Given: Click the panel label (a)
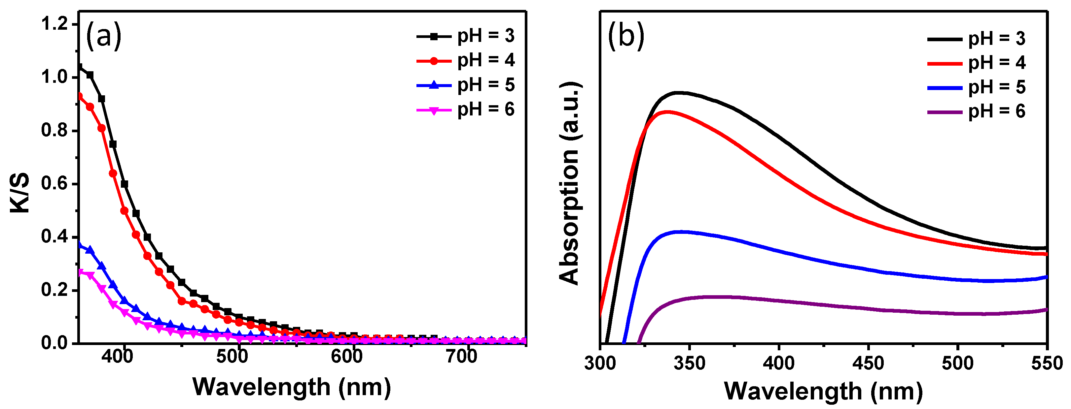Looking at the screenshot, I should click(x=103, y=36).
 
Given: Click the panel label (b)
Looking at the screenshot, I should click(x=626, y=36).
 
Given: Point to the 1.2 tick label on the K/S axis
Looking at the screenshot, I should click(x=54, y=24).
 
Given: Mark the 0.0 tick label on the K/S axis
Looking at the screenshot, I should click(x=54, y=343).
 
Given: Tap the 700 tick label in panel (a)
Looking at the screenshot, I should click(x=461, y=357).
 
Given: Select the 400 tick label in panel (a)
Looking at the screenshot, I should click(x=117, y=357).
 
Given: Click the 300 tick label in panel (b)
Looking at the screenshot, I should click(x=600, y=364).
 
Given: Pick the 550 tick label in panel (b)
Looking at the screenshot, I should click(x=1047, y=364).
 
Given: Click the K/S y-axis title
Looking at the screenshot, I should click(x=19, y=192).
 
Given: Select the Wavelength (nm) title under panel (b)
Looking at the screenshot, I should click(x=823, y=391).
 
